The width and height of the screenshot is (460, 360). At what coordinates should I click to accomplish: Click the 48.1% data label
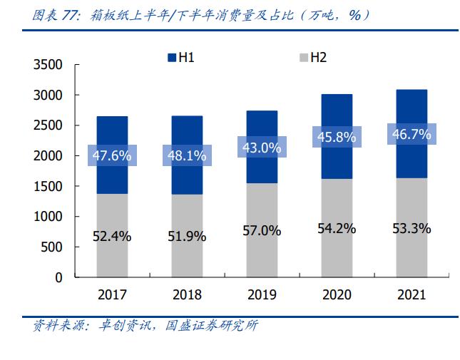tap(187, 155)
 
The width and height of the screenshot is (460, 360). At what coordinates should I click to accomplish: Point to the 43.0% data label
tap(262, 147)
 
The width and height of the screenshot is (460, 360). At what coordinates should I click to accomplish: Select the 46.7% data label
tap(412, 133)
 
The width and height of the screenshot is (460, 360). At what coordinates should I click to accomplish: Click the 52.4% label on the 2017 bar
tap(112, 236)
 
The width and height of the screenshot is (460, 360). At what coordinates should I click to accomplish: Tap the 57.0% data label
tap(262, 231)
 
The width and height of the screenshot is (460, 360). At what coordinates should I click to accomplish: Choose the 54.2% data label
tap(337, 229)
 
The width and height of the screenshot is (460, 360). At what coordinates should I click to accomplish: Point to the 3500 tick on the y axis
tap(48, 65)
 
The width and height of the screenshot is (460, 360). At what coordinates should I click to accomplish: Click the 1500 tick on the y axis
tap(48, 187)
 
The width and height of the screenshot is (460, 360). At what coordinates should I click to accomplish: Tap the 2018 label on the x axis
tap(187, 294)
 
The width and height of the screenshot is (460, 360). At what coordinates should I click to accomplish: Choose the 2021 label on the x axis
tap(412, 294)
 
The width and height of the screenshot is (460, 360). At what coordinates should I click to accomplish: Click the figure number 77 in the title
tap(70, 14)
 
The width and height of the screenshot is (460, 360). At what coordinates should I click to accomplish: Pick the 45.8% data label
tap(337, 138)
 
